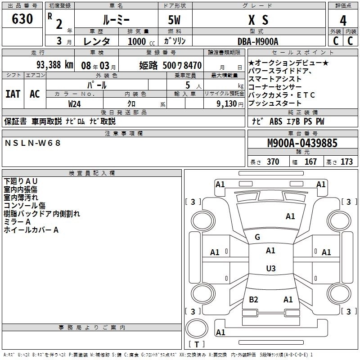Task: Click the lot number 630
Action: [22, 20]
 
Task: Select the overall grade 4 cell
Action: [343, 21]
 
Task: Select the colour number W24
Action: [74, 103]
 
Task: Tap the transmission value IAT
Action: [13, 94]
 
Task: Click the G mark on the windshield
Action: [257, 237]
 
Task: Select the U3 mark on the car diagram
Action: [270, 269]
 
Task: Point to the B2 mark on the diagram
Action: [253, 299]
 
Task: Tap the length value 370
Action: [273, 162]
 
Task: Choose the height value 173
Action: [346, 162]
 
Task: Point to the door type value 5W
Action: [175, 20]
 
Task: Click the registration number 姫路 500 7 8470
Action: [170, 65]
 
